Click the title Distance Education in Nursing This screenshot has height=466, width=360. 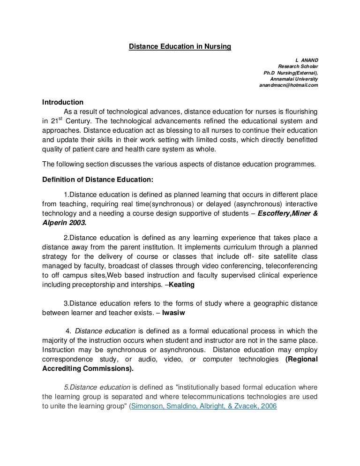click(x=180, y=47)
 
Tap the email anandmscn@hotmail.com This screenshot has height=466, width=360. click(x=288, y=85)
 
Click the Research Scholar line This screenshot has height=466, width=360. click(x=298, y=67)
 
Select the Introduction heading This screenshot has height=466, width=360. click(x=63, y=102)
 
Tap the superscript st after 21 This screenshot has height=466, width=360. click(x=60, y=119)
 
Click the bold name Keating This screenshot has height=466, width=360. click(x=183, y=284)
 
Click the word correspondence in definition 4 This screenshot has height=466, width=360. click(x=66, y=359)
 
